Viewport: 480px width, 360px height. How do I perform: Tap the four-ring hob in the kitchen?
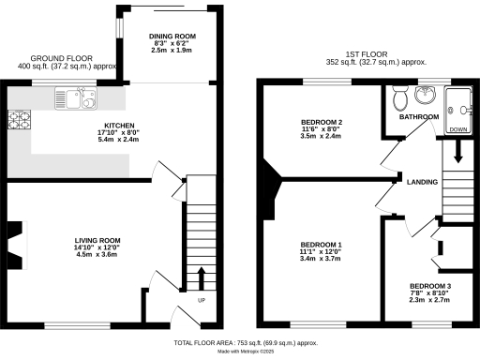pos(19,119)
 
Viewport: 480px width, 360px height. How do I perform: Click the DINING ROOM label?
pos(172,37)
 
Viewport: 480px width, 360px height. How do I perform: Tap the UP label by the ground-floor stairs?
pos(201,301)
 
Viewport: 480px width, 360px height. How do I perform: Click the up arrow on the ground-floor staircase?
pos(200,278)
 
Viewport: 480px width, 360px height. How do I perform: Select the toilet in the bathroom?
pos(399,96)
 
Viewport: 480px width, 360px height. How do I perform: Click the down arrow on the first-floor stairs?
pos(459,150)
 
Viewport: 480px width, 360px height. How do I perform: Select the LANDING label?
pos(420,182)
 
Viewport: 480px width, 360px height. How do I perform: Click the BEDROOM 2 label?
pos(322,123)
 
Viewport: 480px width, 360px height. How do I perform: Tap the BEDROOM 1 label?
pos(322,245)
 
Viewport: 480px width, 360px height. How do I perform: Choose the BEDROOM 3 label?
pos(430,287)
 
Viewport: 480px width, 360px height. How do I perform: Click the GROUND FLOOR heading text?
pos(52,57)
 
